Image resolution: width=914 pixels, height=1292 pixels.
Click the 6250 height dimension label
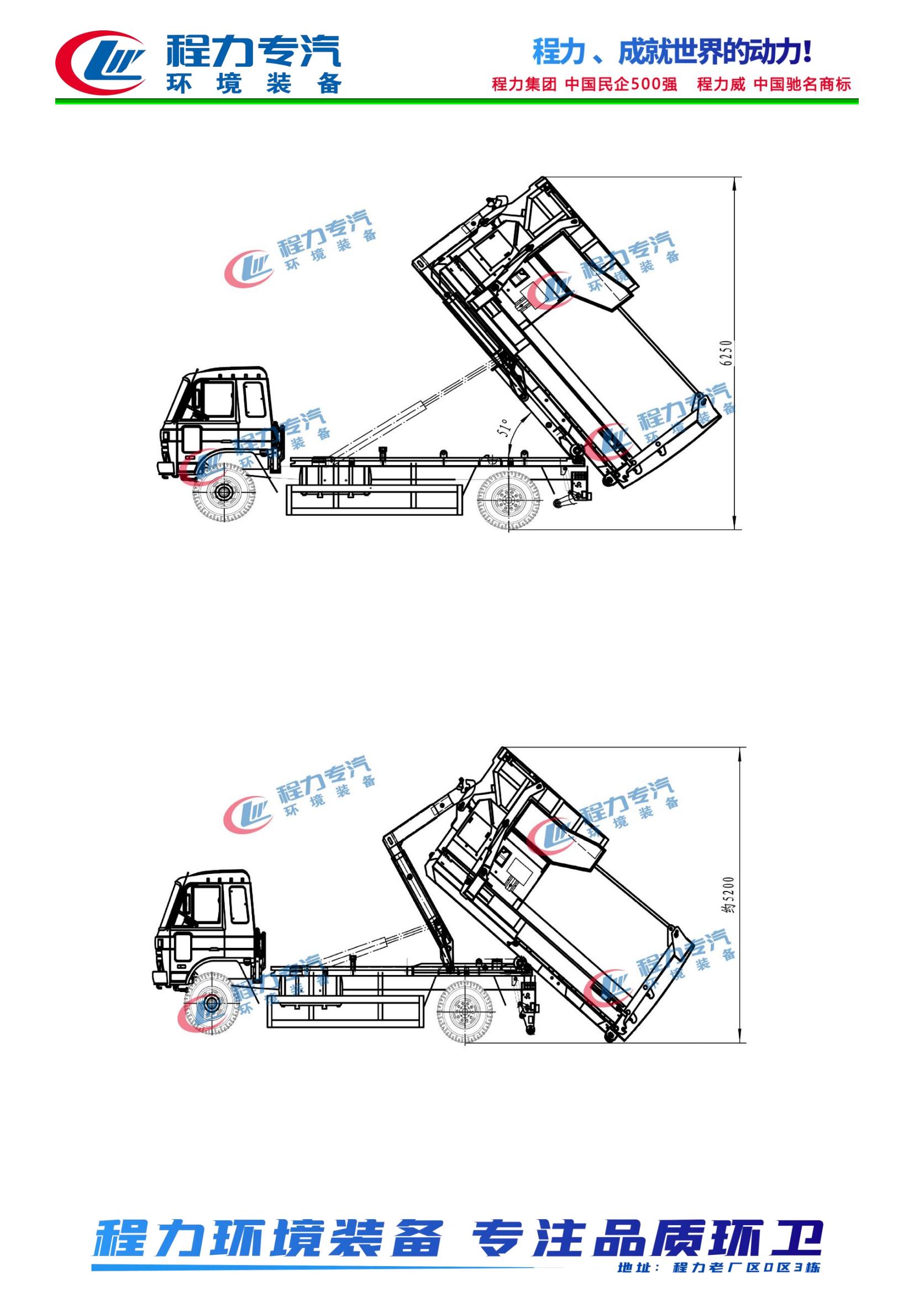point(727,354)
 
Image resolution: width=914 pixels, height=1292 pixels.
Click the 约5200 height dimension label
point(729,894)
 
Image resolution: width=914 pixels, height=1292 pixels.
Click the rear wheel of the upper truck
point(508,499)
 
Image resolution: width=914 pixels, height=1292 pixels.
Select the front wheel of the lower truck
point(211,1002)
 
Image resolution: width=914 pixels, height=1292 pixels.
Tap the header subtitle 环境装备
point(254,83)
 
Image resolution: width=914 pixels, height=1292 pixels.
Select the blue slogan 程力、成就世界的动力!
point(673,52)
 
